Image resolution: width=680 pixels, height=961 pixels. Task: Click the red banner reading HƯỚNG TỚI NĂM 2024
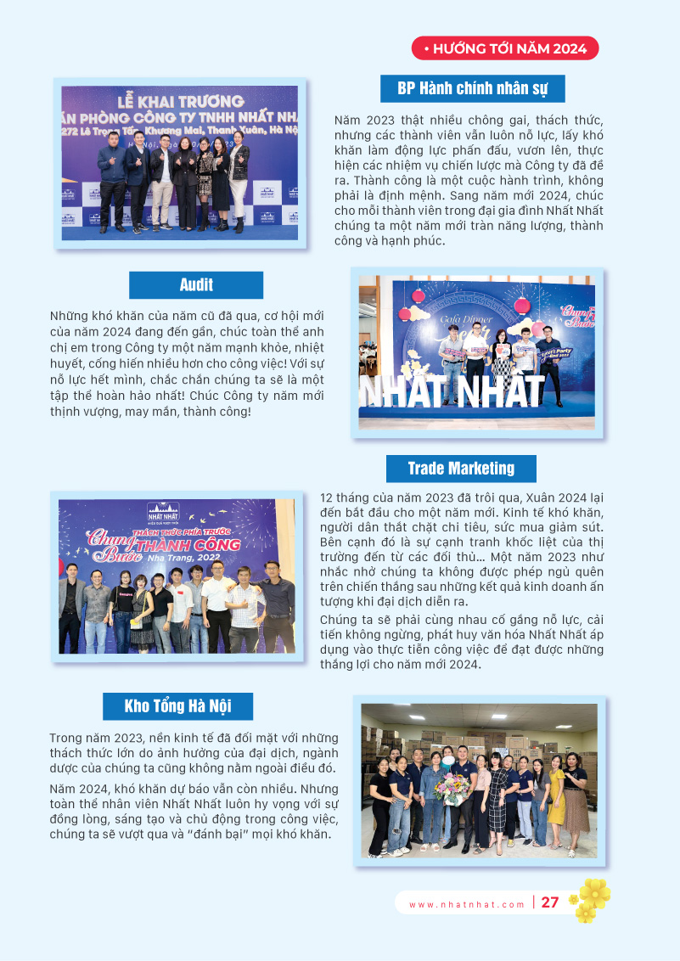(505, 48)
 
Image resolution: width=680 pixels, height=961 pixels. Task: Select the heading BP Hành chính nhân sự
(472, 88)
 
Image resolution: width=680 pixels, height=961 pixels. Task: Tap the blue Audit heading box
(196, 285)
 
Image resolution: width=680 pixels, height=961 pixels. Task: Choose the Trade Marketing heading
(461, 469)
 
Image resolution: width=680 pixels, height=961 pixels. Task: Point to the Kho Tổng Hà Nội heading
(177, 706)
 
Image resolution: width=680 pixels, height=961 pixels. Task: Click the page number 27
(550, 902)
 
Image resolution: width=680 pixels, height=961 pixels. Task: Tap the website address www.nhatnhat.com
(467, 904)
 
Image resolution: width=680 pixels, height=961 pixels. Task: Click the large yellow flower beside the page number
(595, 892)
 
